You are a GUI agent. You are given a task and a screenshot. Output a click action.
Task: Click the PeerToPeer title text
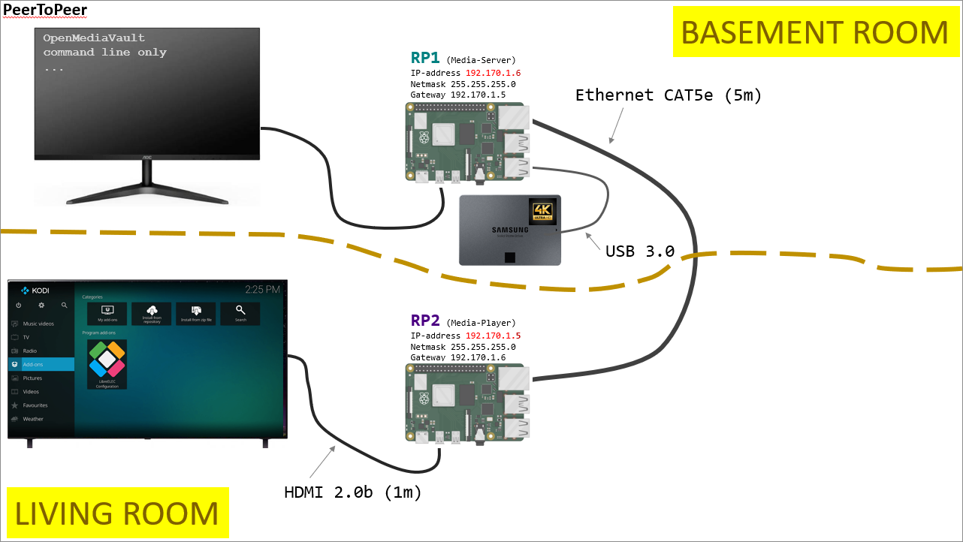(x=45, y=10)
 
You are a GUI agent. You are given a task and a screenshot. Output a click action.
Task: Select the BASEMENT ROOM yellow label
(x=814, y=32)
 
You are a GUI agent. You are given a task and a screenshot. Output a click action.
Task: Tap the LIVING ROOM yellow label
(x=116, y=513)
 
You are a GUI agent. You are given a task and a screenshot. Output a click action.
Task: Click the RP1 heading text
(x=425, y=58)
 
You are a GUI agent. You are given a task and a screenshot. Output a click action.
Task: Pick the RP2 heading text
(x=425, y=321)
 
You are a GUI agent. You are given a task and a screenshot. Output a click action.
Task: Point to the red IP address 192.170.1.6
(x=493, y=73)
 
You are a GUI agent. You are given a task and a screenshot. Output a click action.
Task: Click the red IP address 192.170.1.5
(x=493, y=336)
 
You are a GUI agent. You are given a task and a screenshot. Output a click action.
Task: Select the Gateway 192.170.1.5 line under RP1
(x=458, y=95)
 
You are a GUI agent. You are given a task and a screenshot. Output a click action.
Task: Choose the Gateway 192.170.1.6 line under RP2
(x=458, y=358)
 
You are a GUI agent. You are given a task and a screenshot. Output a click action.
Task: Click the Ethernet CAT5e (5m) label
(x=669, y=95)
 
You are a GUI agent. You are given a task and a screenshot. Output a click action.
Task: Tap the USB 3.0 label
(x=640, y=251)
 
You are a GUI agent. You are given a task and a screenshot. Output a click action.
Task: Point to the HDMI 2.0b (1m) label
(x=353, y=492)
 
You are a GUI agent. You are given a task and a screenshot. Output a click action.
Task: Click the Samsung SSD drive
(x=510, y=230)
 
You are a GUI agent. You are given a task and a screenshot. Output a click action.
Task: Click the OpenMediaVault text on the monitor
(x=94, y=38)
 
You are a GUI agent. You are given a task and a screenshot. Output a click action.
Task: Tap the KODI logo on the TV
(x=35, y=290)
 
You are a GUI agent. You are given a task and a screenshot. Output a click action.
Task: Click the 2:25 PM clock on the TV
(x=262, y=289)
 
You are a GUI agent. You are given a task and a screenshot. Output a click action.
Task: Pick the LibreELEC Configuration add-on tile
(x=107, y=364)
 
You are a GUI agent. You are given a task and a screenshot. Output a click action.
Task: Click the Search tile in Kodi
(x=240, y=313)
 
